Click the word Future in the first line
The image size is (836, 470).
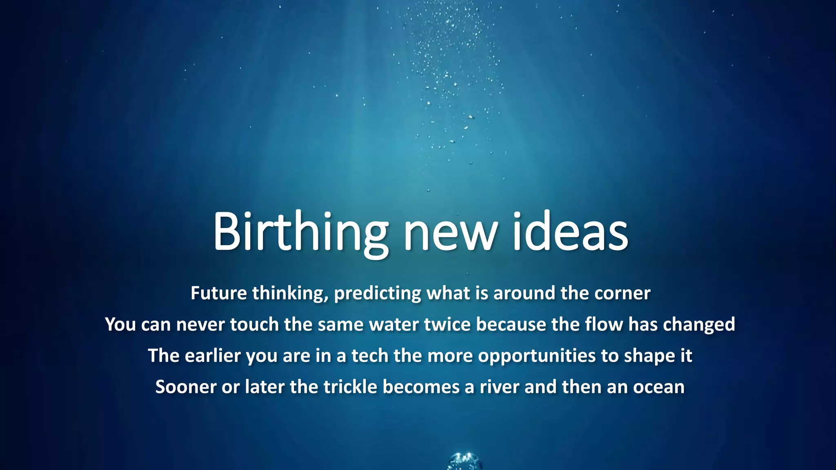pyautogui.click(x=218, y=293)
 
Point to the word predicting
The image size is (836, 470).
pyautogui.click(x=378, y=294)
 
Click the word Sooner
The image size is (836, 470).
pyautogui.click(x=186, y=387)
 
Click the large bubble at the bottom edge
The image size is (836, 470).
pyautogui.click(x=465, y=462)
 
